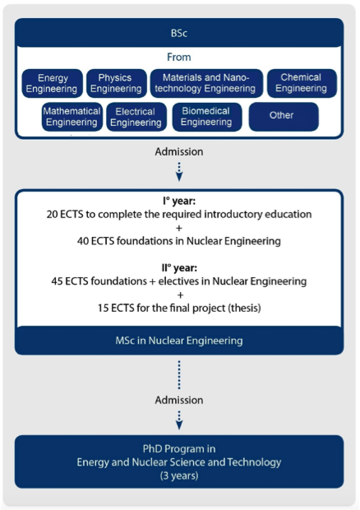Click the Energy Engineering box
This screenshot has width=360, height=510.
tap(53, 83)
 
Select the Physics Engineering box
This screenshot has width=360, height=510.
tap(117, 83)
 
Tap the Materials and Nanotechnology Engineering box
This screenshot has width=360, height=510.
tap(206, 83)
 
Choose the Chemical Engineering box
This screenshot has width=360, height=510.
tap(302, 83)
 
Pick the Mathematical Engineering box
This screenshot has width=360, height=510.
tap(72, 117)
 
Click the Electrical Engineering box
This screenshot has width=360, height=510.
tap(136, 117)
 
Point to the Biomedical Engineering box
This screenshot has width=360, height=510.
tap(207, 117)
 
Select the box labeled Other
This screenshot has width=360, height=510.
tap(284, 117)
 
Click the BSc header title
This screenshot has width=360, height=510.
tap(179, 33)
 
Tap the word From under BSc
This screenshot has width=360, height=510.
tap(179, 58)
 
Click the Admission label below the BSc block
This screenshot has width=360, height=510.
tap(179, 151)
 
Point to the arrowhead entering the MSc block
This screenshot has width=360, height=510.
tap(179, 177)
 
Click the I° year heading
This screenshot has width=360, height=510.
tap(179, 201)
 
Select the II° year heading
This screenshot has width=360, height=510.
tap(179, 268)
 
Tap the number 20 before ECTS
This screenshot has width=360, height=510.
tap(52, 215)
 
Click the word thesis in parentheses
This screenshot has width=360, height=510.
tap(244, 308)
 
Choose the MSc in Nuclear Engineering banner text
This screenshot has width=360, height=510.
tap(179, 341)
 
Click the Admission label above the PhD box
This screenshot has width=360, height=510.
tap(179, 400)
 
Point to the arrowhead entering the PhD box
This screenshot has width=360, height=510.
tap(179, 425)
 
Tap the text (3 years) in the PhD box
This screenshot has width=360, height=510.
tap(179, 475)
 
